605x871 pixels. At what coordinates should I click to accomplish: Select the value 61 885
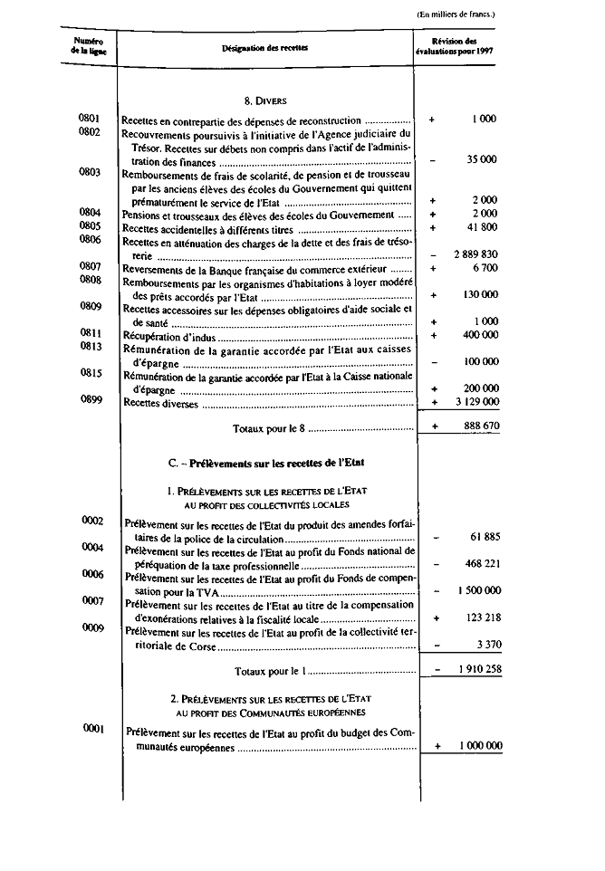(485, 537)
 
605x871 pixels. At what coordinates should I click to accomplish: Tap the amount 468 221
(481, 563)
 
